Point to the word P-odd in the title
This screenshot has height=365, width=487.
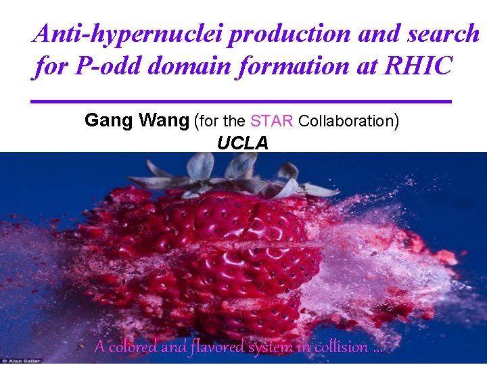coord(105,67)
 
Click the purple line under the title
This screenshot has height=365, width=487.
coord(241,101)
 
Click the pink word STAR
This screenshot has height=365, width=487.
coord(271,122)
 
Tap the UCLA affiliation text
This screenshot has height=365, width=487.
coord(242,143)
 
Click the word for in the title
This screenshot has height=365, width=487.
coord(51,67)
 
